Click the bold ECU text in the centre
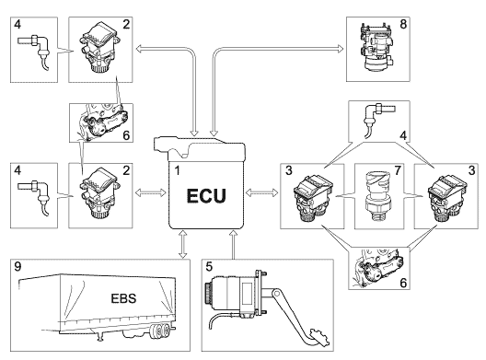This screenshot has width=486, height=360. coord(206,196)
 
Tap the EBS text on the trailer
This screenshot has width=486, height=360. coord(123,298)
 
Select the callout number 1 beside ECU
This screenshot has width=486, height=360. coord(177,170)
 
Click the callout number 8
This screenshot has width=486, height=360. coord(403,24)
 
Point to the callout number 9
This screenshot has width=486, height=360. coord(17,267)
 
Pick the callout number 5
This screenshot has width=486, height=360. coord(209,266)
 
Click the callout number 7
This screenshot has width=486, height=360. coord(398,170)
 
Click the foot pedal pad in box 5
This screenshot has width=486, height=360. coord(318,338)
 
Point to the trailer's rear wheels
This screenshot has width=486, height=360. coord(159,331)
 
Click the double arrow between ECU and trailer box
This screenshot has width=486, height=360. coord(183,244)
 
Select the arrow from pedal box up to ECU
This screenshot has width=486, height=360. coord(233,244)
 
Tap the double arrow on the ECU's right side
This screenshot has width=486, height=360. coord(262,192)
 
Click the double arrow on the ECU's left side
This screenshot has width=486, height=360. coord(151,192)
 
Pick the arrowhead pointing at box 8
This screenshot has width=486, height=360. coord(341,49)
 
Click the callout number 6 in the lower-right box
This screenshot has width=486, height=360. coord(403,283)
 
